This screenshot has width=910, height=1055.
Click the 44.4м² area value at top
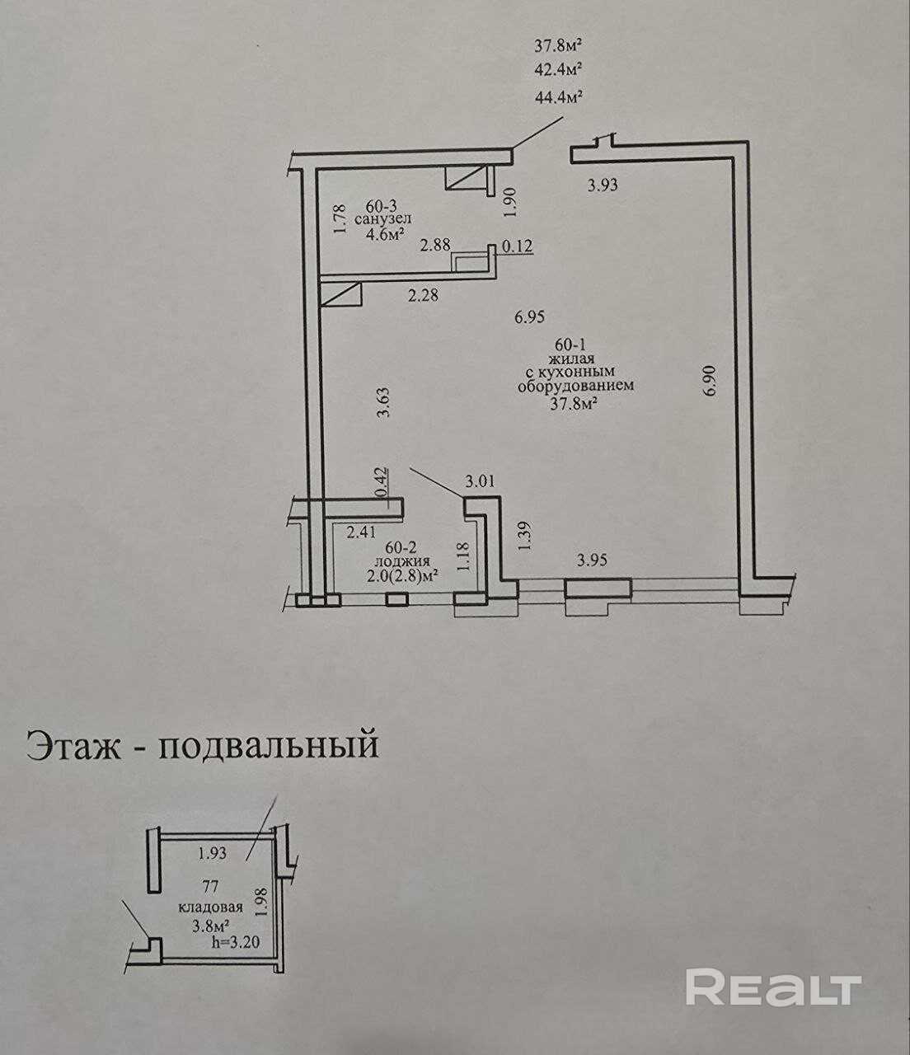pos(559,97)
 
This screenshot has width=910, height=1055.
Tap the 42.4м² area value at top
pos(559,68)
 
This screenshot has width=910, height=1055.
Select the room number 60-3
pos(382,205)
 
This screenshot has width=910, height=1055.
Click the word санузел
pos(382,219)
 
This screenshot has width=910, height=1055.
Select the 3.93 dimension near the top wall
pos(602,185)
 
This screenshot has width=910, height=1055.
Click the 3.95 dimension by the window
pos(592,560)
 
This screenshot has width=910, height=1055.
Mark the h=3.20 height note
pos(235,944)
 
